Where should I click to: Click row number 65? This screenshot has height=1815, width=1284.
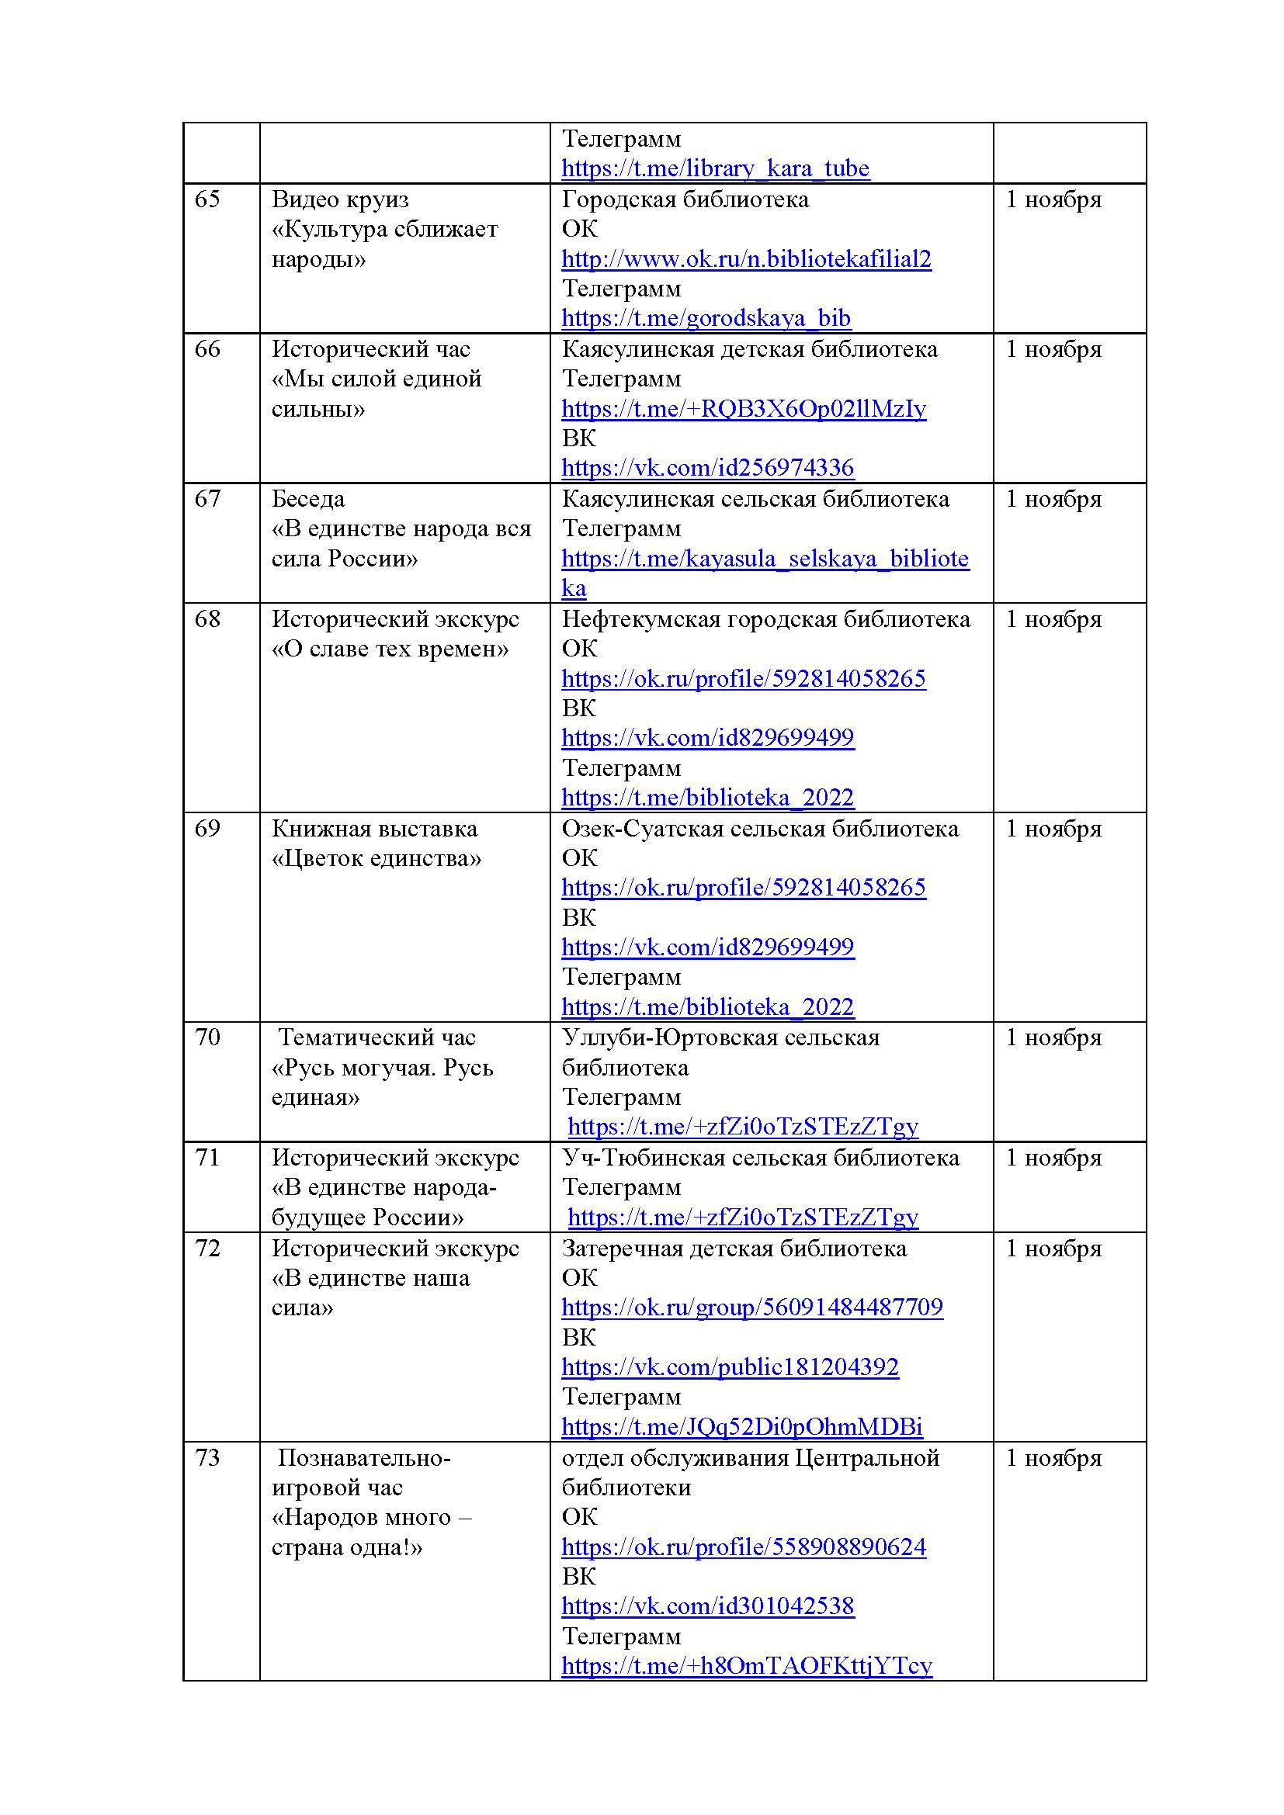pos(207,199)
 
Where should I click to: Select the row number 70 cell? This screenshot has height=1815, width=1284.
pos(207,1037)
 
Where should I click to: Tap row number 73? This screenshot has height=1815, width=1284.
pos(207,1458)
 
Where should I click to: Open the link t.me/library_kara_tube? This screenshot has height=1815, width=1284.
pos(715,168)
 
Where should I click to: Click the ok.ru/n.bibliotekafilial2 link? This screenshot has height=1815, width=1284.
pos(745,259)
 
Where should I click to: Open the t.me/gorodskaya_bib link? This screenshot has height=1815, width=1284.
pos(705,318)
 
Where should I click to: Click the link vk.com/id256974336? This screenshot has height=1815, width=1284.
pos(707,467)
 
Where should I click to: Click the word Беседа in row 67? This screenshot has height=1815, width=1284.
pos(308,499)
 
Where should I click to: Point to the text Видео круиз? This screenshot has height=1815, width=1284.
pos(340,199)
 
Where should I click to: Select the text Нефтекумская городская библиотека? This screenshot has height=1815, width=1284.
pos(765,619)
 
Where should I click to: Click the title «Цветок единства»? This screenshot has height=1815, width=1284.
pos(377,858)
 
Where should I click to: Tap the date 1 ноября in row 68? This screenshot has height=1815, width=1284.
pos(1053,619)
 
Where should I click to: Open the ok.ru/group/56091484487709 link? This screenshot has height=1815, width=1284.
pos(751,1308)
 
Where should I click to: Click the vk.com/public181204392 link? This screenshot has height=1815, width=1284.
pos(730,1366)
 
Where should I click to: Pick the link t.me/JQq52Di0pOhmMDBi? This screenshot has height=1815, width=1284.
pos(741,1427)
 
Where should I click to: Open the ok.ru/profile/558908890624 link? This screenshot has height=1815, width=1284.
pos(743,1547)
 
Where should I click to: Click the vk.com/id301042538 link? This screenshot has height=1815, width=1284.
pos(707,1606)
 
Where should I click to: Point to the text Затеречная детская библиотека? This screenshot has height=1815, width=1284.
pos(734,1249)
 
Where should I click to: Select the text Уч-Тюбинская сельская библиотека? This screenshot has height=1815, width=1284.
pos(760,1158)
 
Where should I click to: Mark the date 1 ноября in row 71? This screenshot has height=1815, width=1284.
pos(1053,1158)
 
